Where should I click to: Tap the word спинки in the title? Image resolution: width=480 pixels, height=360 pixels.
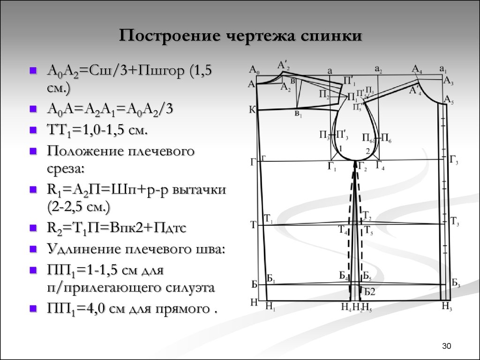[333, 36]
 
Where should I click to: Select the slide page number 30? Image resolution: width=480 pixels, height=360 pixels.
[446, 346]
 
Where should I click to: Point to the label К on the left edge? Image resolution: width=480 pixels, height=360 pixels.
[252, 110]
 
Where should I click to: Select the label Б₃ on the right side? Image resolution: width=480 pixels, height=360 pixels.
[455, 283]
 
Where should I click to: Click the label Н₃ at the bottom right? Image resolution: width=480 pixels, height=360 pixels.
[446, 307]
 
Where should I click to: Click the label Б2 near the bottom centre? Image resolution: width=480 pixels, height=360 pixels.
[370, 292]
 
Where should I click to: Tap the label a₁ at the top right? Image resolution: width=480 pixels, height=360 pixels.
[443, 68]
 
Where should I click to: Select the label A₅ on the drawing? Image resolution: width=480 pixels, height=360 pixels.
[449, 100]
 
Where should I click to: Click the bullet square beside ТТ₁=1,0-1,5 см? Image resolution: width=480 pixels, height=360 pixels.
[33, 130]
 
